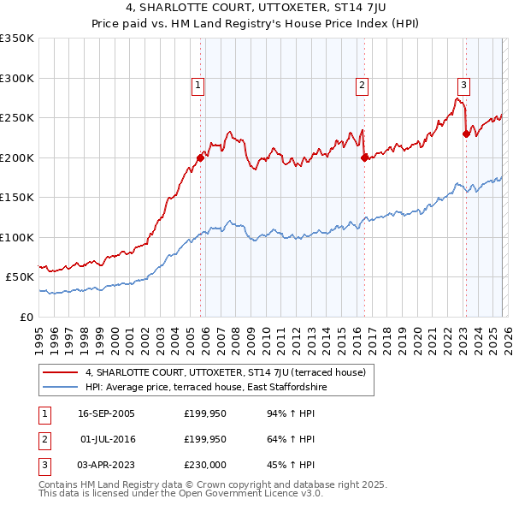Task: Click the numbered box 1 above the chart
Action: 198,85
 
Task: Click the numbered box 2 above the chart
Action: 363,85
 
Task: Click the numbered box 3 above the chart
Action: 463,85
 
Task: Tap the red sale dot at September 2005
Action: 200,157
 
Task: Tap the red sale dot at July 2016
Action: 364,157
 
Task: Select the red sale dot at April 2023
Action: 466,134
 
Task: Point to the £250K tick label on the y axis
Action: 17,118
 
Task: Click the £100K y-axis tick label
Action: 17,237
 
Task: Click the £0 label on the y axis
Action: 26,317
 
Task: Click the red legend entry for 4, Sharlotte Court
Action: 225,372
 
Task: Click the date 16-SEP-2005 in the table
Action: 106,413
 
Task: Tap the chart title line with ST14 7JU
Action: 256,9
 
